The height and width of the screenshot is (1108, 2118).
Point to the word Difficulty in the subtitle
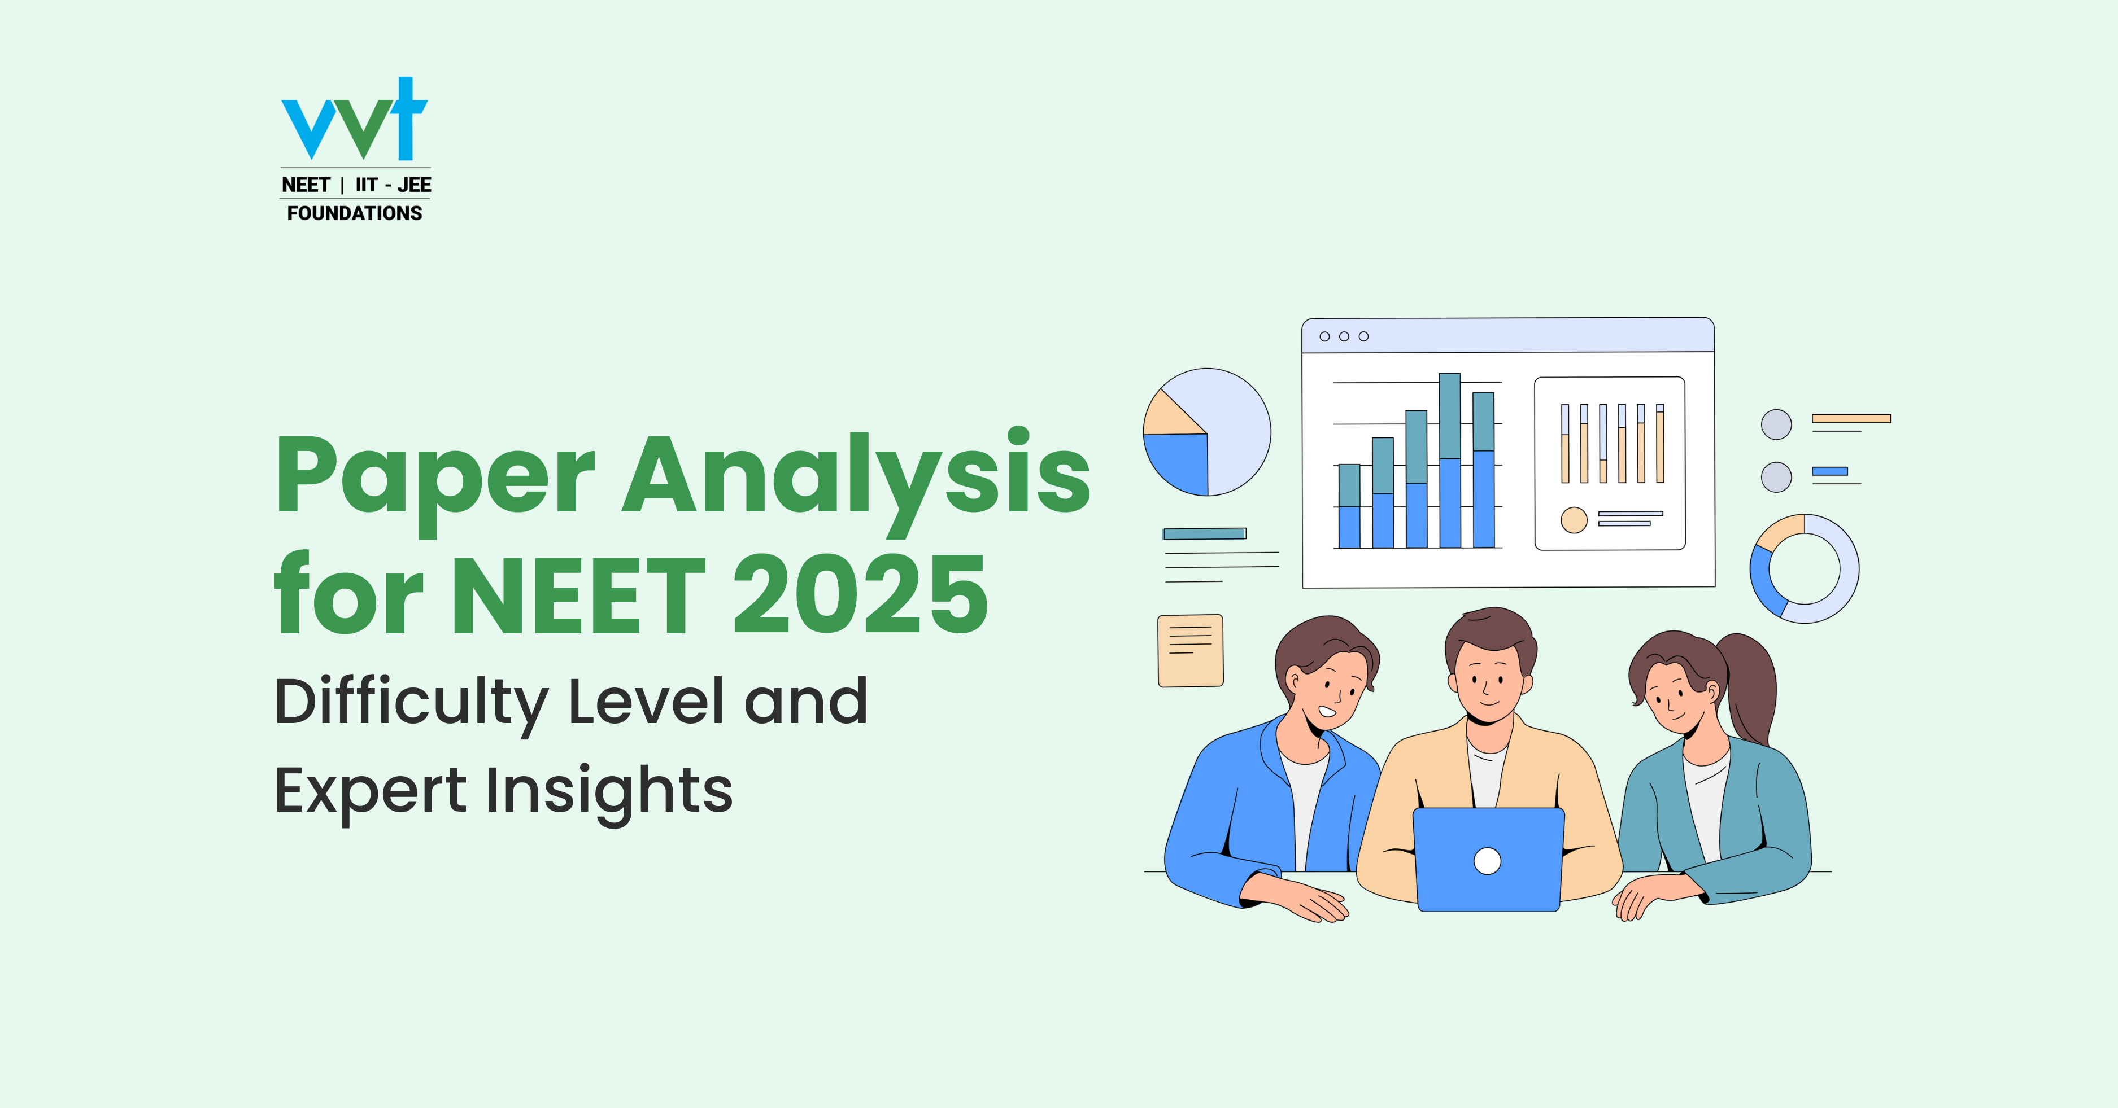411,703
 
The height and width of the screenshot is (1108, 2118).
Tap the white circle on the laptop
1487,861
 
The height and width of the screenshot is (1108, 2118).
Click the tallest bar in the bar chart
1449,460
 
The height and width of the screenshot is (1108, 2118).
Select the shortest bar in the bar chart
1349,506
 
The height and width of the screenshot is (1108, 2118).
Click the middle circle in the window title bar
1344,336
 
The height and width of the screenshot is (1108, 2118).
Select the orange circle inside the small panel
1574,519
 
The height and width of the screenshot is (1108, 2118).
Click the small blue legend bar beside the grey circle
1829,471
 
